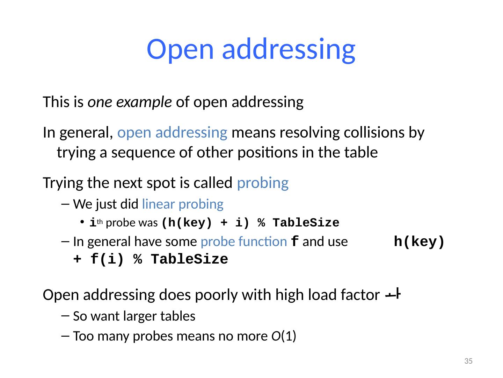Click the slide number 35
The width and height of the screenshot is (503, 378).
(x=468, y=361)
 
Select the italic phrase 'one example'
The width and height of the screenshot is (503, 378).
(x=130, y=102)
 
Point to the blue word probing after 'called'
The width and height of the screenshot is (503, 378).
(x=263, y=183)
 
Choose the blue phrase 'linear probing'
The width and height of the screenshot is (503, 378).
(x=183, y=204)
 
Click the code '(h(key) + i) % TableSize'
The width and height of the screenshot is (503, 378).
(x=250, y=223)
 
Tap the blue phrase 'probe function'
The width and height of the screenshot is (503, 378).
(x=244, y=241)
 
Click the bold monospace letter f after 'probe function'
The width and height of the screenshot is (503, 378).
(x=294, y=241)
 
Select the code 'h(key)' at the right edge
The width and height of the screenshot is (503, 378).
(x=419, y=242)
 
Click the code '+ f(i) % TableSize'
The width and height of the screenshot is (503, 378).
(x=151, y=260)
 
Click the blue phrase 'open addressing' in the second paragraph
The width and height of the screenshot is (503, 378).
(x=173, y=133)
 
